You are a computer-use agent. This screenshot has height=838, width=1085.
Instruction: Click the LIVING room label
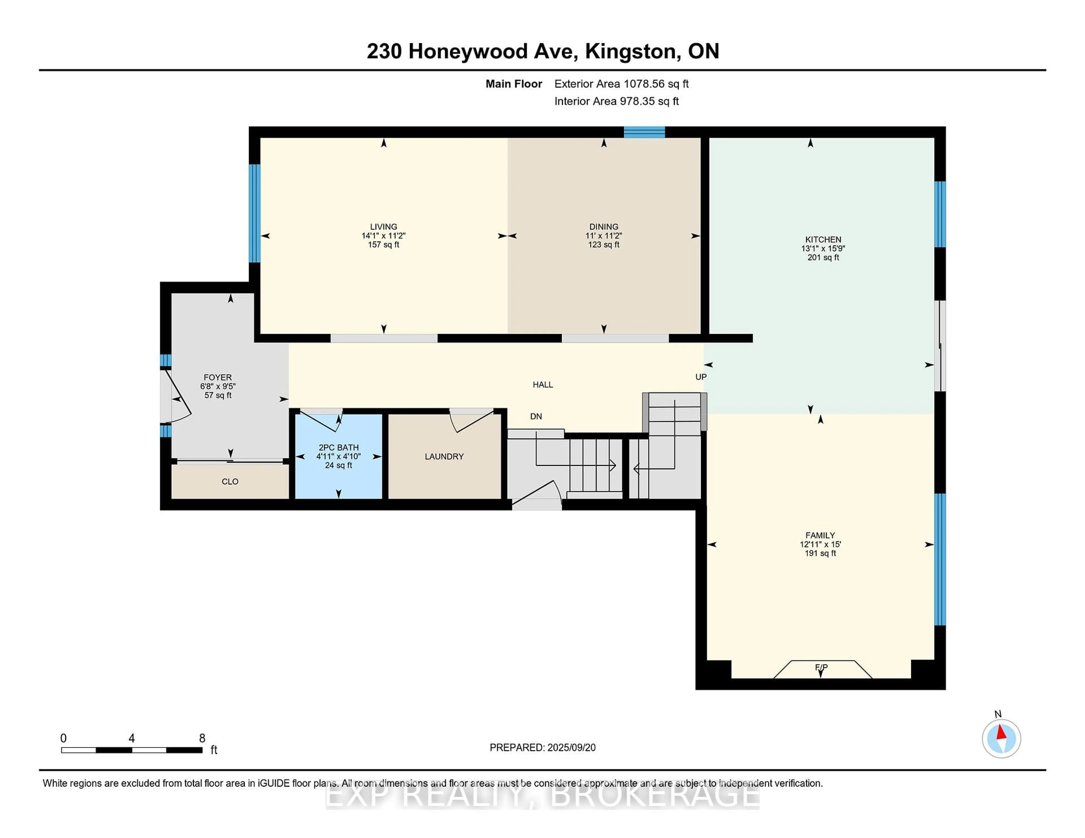point(383,226)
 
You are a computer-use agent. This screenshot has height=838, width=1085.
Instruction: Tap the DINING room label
point(604,226)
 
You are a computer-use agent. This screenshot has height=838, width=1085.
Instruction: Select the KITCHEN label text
point(823,239)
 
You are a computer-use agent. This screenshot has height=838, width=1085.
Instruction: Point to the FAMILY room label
point(820,535)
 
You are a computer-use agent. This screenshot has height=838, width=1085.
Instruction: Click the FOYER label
point(218,377)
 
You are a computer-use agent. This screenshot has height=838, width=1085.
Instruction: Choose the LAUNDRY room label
point(444,456)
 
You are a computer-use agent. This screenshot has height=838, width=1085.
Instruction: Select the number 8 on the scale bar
point(202,738)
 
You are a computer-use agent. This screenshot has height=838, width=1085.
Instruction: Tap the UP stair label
point(700,377)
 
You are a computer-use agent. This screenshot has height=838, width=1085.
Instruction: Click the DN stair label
point(535,416)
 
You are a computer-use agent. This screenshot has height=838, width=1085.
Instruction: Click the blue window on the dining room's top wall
point(644,132)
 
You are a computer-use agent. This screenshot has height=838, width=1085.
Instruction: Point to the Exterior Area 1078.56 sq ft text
point(622,84)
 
